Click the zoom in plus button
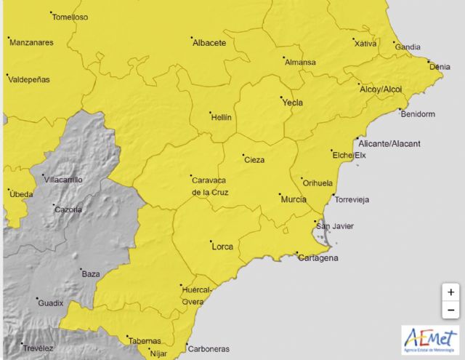pos(451,292)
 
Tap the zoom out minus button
pos(451,310)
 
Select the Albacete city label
pos(209,43)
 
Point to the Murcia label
pos(293,199)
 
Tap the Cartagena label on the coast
pos(318,258)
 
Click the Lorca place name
pos(222,247)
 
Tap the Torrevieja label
pos(351,199)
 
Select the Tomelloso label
pos(70,17)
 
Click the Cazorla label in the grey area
pos(68,210)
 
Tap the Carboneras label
pos(209,348)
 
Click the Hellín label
pos(221,116)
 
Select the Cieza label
pos(254,160)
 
